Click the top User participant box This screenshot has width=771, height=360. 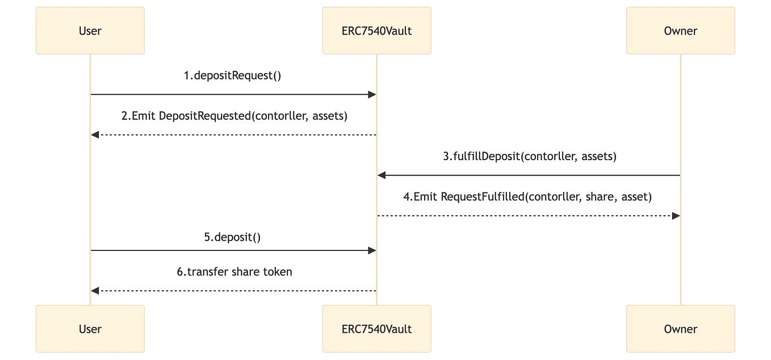(x=90, y=31)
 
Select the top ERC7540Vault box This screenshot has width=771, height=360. (x=376, y=31)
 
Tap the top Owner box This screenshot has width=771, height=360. (x=680, y=31)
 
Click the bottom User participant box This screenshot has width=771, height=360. (x=90, y=329)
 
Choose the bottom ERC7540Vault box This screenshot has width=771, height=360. (x=376, y=329)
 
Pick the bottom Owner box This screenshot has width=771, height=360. (x=680, y=329)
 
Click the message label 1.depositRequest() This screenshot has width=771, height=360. (x=232, y=76)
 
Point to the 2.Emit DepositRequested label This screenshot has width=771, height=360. (x=234, y=116)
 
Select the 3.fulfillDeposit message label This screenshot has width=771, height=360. (x=529, y=156)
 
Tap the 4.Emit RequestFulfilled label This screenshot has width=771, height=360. (x=527, y=196)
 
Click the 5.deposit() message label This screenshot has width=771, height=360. (x=232, y=237)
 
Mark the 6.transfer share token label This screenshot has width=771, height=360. (x=234, y=272)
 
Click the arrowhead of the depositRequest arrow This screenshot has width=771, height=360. (x=372, y=95)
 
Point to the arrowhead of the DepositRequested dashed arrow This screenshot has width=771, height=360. (x=95, y=135)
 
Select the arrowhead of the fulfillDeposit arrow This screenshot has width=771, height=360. (x=382, y=175)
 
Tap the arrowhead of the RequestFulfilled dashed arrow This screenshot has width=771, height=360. (x=676, y=216)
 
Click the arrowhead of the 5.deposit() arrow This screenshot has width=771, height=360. (x=372, y=250)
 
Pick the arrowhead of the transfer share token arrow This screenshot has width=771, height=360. (x=95, y=291)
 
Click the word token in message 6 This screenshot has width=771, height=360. (x=276, y=272)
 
